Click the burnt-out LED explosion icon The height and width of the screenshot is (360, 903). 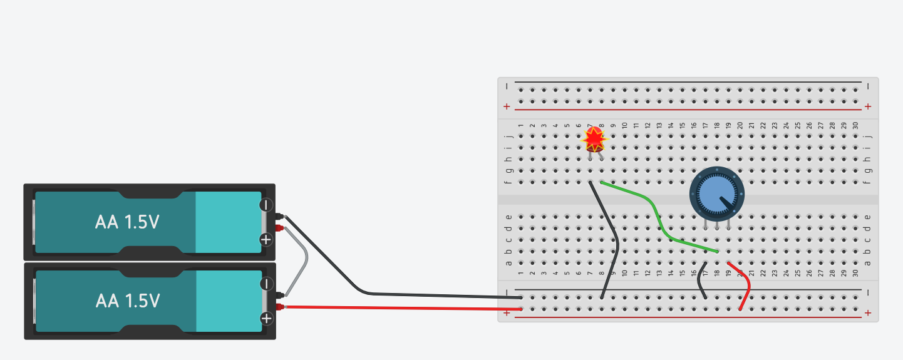tap(594, 139)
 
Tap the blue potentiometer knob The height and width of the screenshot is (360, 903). tap(716, 193)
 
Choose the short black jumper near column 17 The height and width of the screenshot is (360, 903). tap(701, 282)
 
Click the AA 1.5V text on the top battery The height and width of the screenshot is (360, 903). tap(127, 222)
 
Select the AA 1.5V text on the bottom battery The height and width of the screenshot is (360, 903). tap(128, 301)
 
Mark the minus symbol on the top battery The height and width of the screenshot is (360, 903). tap(266, 205)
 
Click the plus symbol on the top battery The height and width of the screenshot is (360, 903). tap(266, 239)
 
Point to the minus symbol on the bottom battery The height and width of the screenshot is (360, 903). tap(266, 284)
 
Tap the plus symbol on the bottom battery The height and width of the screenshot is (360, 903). tap(266, 318)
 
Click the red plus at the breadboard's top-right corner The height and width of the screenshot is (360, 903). tap(867, 106)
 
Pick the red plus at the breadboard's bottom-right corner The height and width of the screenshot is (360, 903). tap(867, 312)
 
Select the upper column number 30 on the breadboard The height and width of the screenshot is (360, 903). tap(855, 126)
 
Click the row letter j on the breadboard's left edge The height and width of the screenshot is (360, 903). tap(508, 136)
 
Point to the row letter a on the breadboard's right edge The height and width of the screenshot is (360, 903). tap(867, 262)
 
